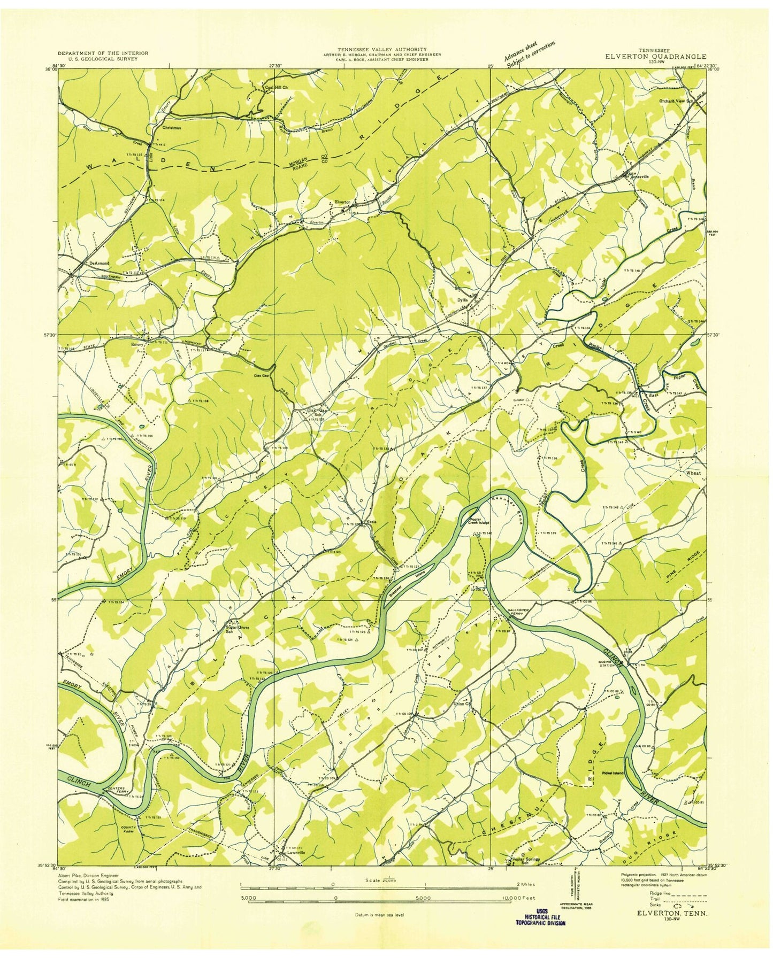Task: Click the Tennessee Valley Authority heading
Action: (381, 49)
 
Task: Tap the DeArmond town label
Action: (99, 263)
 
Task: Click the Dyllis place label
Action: (462, 300)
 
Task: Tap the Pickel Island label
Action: (613, 773)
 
